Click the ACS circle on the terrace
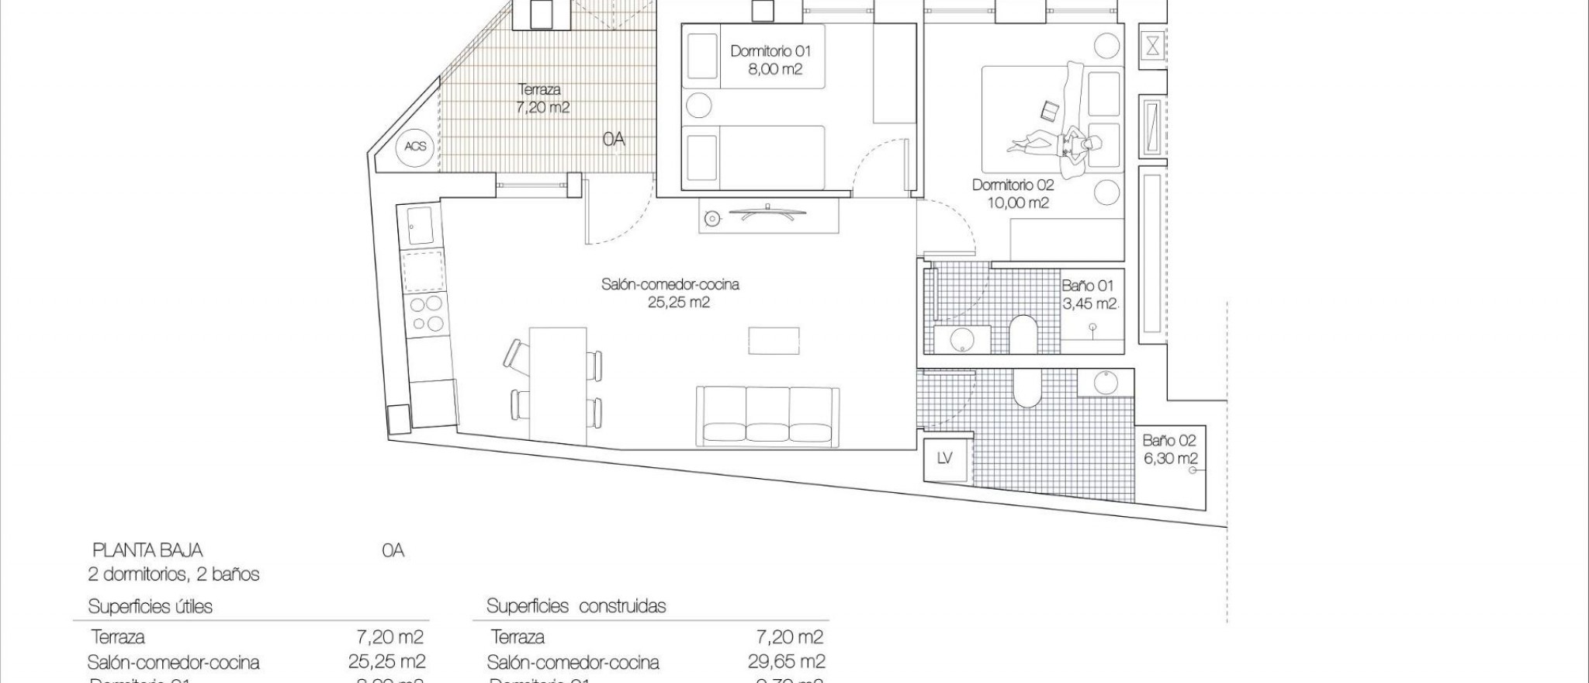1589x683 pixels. click(x=415, y=146)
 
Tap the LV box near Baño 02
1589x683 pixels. click(x=944, y=459)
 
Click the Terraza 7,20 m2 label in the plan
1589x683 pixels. click(x=542, y=99)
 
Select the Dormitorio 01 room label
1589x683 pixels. click(x=770, y=60)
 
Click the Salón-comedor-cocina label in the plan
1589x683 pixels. click(x=670, y=293)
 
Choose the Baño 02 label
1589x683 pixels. click(x=1170, y=449)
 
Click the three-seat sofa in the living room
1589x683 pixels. click(x=768, y=417)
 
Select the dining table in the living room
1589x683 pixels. click(x=557, y=383)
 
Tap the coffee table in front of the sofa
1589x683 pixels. click(x=774, y=341)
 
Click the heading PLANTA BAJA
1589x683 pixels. click(x=147, y=550)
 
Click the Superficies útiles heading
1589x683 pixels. click(x=150, y=606)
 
